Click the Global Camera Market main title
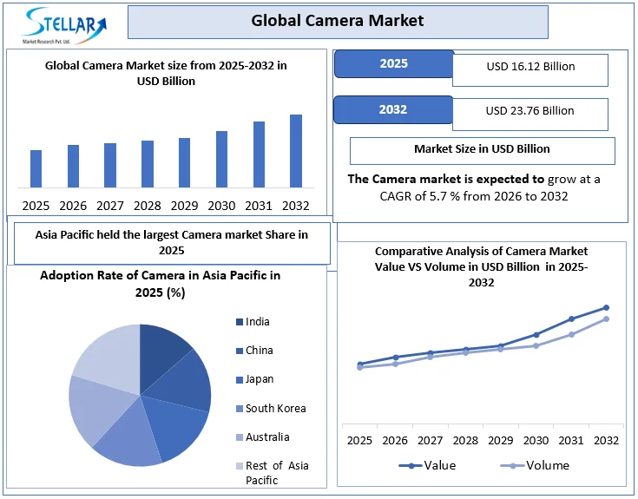pyautogui.click(x=338, y=21)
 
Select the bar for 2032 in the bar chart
pyautogui.click(x=296, y=151)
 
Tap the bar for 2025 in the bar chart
pyautogui.click(x=36, y=168)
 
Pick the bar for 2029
pyautogui.click(x=184, y=162)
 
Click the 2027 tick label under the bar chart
pyautogui.click(x=110, y=206)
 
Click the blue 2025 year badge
pyautogui.click(x=393, y=64)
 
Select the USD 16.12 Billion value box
pyautogui.click(x=530, y=67)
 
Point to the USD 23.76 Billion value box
pyautogui.click(x=530, y=111)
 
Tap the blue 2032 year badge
pyautogui.click(x=393, y=110)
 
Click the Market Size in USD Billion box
pyautogui.click(x=482, y=149)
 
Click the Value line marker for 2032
pyautogui.click(x=606, y=307)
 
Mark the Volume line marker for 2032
pyautogui.click(x=606, y=318)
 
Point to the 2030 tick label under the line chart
pyautogui.click(x=536, y=441)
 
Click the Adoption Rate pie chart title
pyautogui.click(x=161, y=284)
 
